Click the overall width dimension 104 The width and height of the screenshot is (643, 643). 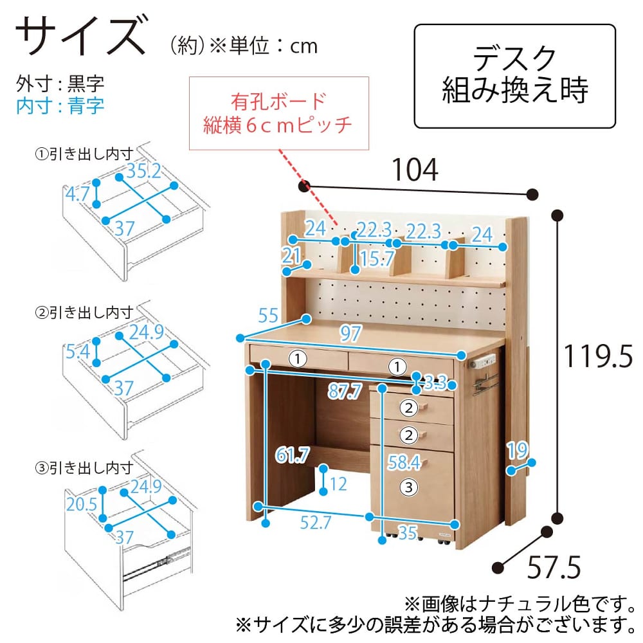click(415, 169)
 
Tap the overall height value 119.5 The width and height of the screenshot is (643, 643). click(598, 356)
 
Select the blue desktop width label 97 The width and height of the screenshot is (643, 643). click(350, 333)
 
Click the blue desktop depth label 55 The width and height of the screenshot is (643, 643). click(268, 315)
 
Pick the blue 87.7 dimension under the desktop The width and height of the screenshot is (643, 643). click(345, 391)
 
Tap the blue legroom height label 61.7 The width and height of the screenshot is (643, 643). click(293, 455)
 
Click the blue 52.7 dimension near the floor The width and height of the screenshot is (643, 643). click(315, 522)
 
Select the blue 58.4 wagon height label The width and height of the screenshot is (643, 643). click(404, 462)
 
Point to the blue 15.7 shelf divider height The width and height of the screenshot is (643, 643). click(377, 258)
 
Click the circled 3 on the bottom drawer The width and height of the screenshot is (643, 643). click(408, 487)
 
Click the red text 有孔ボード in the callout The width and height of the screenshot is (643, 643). click(278, 102)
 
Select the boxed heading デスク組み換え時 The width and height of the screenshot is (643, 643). click(514, 75)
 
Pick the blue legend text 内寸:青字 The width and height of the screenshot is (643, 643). click(60, 106)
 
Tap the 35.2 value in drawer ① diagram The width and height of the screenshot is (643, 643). click(143, 171)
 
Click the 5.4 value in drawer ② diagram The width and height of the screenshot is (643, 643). click(78, 352)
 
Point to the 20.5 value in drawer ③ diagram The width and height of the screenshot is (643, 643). click(82, 504)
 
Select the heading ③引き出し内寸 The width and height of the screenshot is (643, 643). click(84, 468)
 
